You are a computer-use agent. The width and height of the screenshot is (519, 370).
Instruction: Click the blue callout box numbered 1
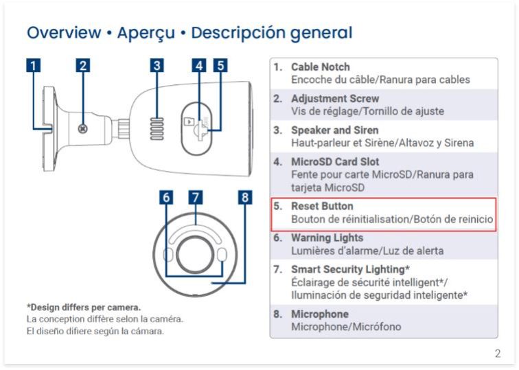[x=33, y=65]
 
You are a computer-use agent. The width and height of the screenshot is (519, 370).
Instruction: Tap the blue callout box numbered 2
[x=83, y=65]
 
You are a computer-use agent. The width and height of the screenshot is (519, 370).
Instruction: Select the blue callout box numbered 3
[x=157, y=65]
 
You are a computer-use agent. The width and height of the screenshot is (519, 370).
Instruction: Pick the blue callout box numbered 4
[x=199, y=65]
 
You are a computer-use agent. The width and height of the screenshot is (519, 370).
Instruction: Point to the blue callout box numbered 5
[x=220, y=65]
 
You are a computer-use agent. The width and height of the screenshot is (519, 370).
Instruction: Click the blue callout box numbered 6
[x=166, y=197]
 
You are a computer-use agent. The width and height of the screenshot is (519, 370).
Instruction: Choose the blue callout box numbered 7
[x=196, y=197]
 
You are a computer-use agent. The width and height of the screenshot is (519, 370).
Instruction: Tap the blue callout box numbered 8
[x=245, y=197]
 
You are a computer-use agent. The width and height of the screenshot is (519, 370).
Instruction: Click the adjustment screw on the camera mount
[x=83, y=129]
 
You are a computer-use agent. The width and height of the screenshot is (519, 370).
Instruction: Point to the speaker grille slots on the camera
[x=157, y=129]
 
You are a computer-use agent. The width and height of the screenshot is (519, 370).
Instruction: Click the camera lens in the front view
[x=195, y=255]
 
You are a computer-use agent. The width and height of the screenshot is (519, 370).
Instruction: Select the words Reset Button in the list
[x=322, y=206]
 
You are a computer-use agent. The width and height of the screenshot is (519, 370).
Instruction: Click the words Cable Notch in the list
[x=321, y=67]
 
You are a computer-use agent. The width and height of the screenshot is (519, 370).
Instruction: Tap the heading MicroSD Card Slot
[x=335, y=162]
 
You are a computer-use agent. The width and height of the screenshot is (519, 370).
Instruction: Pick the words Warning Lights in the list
[x=327, y=238]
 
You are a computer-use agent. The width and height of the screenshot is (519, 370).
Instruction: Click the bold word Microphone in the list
[x=320, y=314]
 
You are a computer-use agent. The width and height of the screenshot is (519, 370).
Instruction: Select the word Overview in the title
[x=64, y=32]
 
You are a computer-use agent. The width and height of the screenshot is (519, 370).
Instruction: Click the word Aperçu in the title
[x=146, y=33]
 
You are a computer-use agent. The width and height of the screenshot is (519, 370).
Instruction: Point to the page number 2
[x=498, y=354]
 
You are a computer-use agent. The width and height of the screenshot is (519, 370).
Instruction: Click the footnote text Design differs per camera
[x=84, y=308]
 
